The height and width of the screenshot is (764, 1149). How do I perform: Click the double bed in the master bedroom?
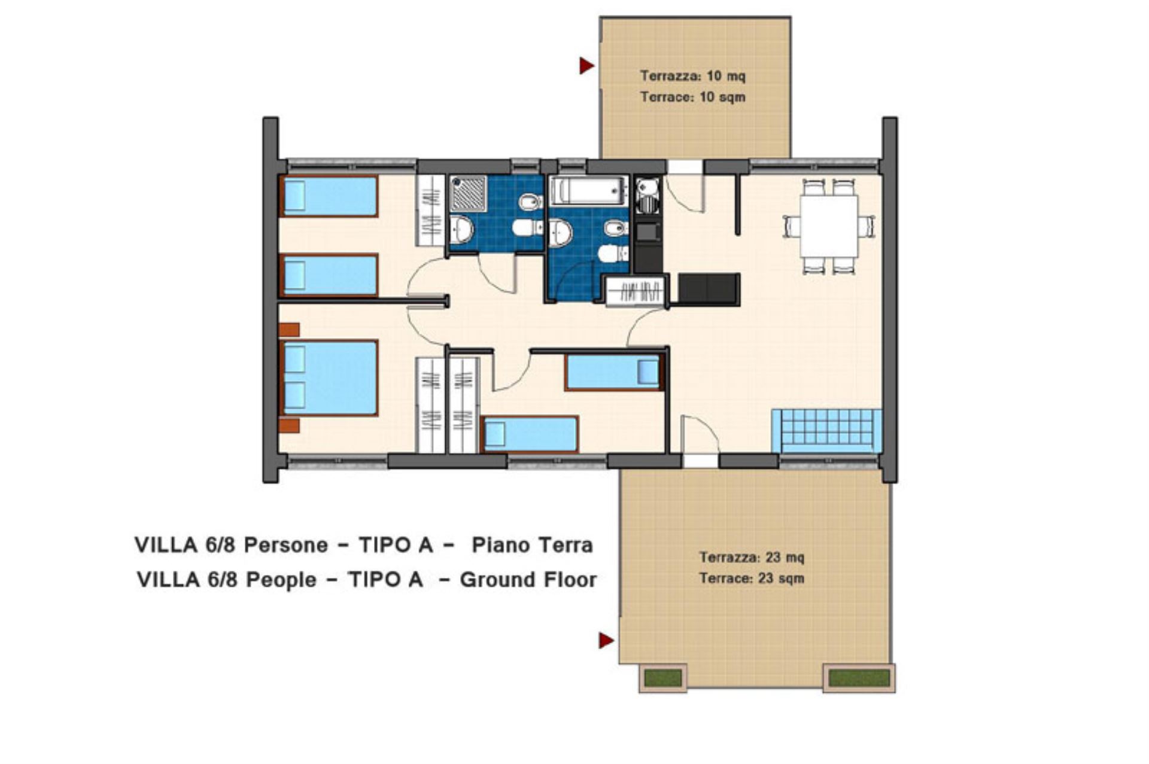pyautogui.click(x=329, y=378)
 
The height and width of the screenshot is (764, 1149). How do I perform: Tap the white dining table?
pyautogui.click(x=829, y=226)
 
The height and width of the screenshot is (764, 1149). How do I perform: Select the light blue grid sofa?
pyautogui.click(x=826, y=431)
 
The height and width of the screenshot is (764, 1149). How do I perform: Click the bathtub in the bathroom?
pyautogui.click(x=589, y=190)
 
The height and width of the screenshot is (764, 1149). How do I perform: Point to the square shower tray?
pyautogui.click(x=468, y=193)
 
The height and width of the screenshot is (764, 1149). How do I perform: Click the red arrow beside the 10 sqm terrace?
pyautogui.click(x=586, y=65)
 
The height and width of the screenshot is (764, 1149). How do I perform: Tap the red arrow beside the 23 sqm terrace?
pyautogui.click(x=606, y=640)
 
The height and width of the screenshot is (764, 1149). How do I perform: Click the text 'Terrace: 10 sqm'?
pyautogui.click(x=692, y=97)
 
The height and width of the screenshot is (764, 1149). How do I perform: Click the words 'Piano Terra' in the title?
pyautogui.click(x=532, y=545)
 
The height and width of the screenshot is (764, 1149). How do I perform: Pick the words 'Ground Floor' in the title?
pyautogui.click(x=528, y=580)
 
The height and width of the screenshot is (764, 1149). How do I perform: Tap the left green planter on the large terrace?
pyautogui.click(x=663, y=678)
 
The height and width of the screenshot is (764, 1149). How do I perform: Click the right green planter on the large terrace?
pyautogui.click(x=859, y=678)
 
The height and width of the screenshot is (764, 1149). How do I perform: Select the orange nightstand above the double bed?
pyautogui.click(x=290, y=330)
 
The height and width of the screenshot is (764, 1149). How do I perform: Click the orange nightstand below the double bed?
pyautogui.click(x=290, y=425)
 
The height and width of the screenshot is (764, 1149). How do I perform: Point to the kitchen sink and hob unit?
pyautogui.click(x=647, y=196)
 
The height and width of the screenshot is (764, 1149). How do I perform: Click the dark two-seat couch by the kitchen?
pyautogui.click(x=709, y=290)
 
